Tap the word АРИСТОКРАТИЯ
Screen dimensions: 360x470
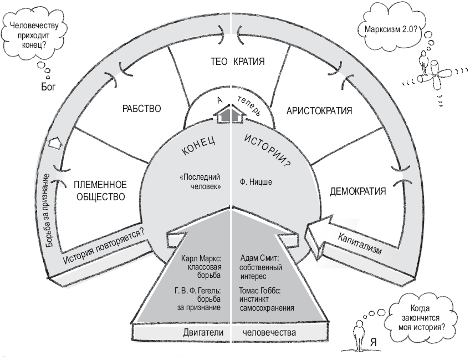(x=319, y=110)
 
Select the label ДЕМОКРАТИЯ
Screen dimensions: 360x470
(x=357, y=191)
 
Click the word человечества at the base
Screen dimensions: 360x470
(x=268, y=333)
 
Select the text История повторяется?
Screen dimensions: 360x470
(x=106, y=245)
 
